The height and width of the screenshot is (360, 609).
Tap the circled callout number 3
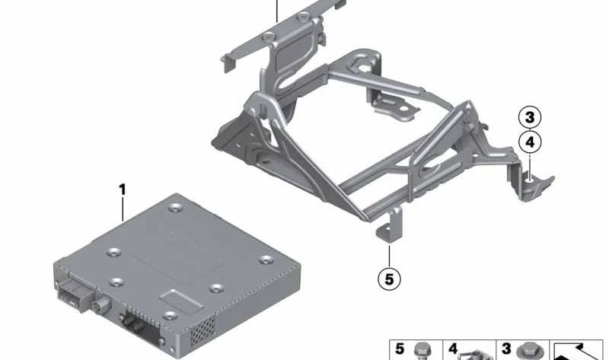click(531, 118)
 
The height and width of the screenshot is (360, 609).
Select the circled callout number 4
click(531, 141)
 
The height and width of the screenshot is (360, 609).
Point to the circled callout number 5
click(389, 279)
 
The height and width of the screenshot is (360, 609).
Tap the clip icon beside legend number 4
click(477, 352)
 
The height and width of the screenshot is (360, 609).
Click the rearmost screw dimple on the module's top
click(176, 206)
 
